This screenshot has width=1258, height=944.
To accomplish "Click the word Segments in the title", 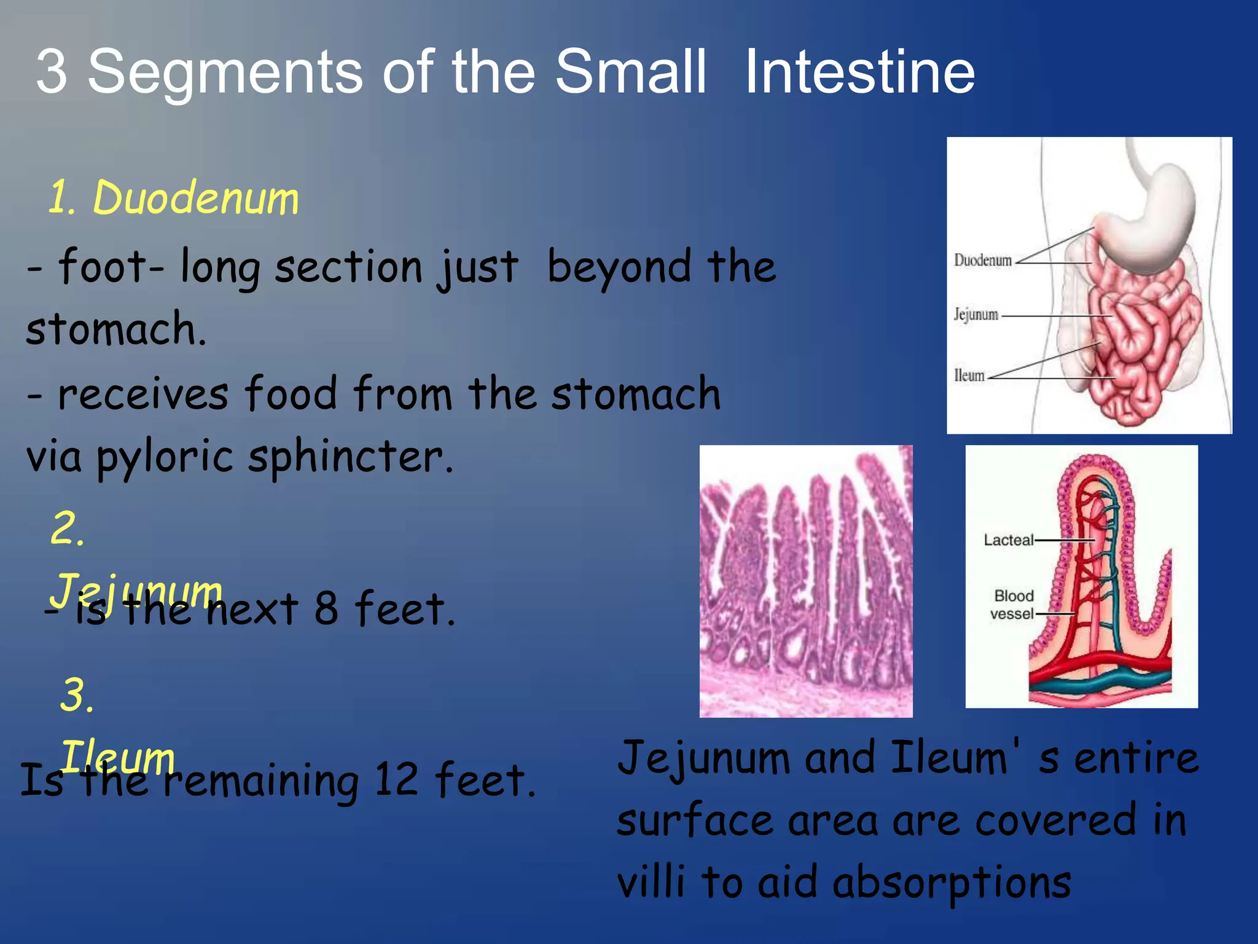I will pos(225,73).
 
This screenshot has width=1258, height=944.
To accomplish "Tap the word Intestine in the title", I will pos(860,73).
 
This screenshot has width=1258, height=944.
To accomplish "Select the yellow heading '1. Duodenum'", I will pos(173,198).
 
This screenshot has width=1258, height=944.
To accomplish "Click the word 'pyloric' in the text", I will pos(165,458).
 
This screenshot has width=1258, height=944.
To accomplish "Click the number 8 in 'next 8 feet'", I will pos(326,608).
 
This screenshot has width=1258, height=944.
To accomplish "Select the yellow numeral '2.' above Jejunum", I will pos(68,529).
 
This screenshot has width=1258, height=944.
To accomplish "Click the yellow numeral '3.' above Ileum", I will pos(77,696).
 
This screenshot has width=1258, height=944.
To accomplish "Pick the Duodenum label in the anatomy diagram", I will pos(982,260).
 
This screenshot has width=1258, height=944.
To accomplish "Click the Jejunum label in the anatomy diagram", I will pos(975,315).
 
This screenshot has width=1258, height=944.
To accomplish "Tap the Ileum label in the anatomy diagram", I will pos(969,376).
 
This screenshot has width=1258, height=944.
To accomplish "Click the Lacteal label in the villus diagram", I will pos(1008,540).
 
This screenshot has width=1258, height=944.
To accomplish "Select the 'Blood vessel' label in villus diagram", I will pos(1013,605).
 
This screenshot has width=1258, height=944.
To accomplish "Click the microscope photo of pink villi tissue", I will pos(806,581).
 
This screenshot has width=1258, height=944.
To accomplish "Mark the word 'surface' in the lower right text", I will pos(695,821).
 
